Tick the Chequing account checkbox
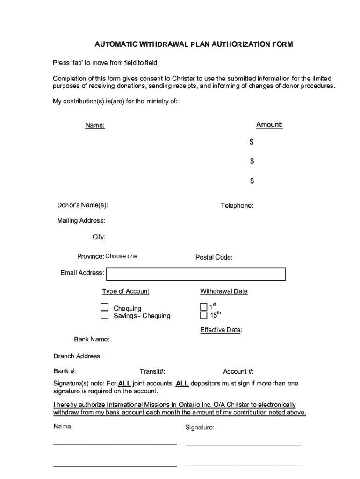(x=105, y=307)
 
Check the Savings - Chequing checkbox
(x=105, y=315)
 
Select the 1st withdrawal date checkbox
(x=203, y=307)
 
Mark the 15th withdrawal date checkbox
(x=203, y=315)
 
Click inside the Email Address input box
(x=196, y=273)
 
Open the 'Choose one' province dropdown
(x=122, y=256)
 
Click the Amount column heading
(x=269, y=125)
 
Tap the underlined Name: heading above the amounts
(x=95, y=125)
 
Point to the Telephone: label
(x=237, y=206)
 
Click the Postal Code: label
(x=214, y=258)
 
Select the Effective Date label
(x=221, y=330)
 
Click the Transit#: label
(x=152, y=372)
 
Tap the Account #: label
(x=238, y=372)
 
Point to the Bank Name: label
(x=92, y=340)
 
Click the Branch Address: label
(x=78, y=356)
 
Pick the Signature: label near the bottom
(x=200, y=428)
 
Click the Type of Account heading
(x=126, y=291)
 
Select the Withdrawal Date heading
(x=224, y=291)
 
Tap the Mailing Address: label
(x=81, y=221)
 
